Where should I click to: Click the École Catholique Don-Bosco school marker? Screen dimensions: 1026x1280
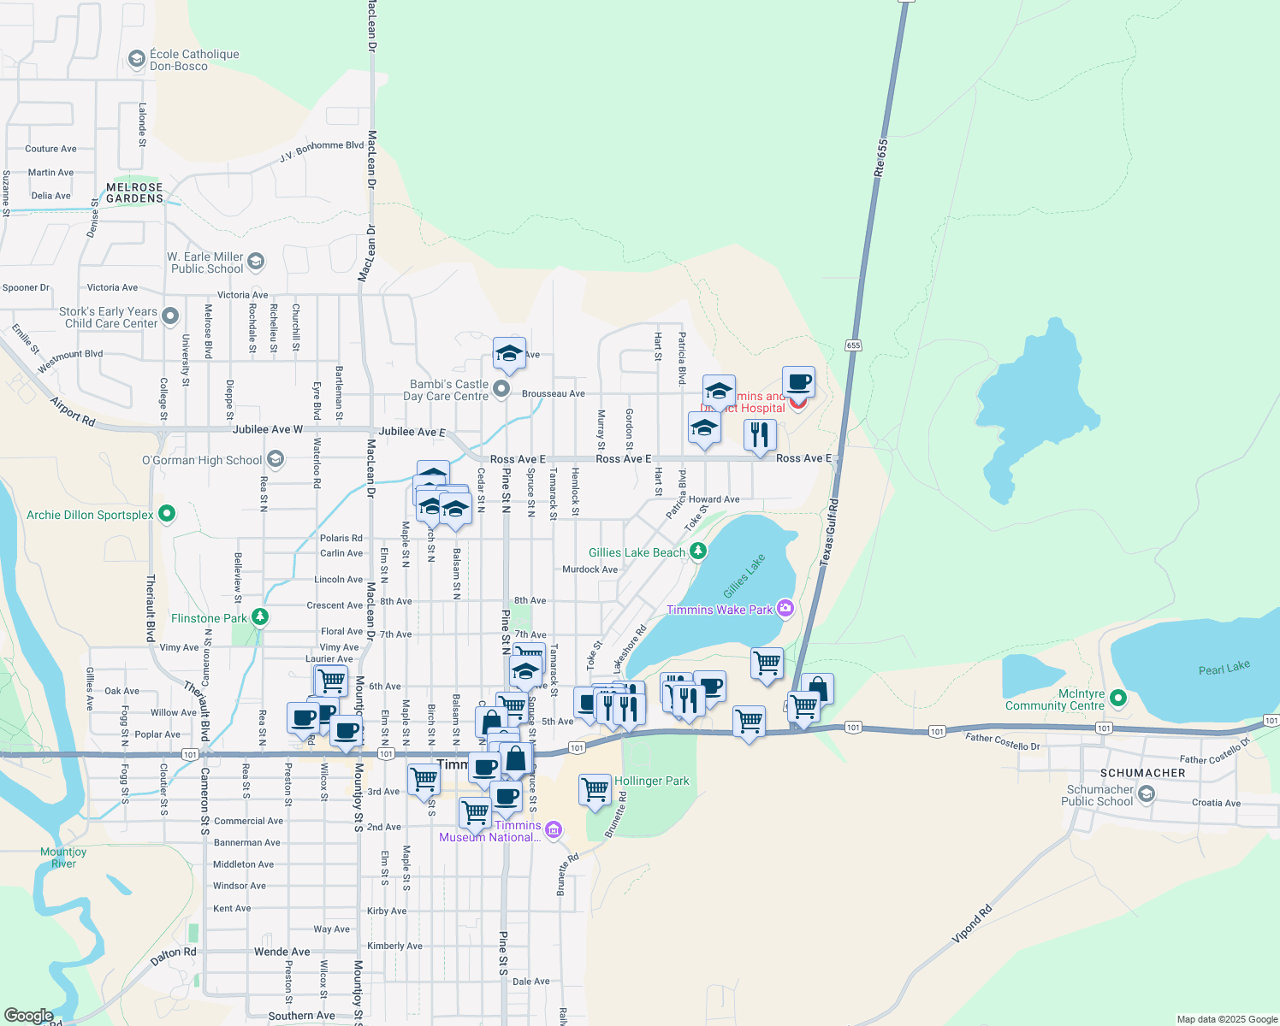pyautogui.click(x=136, y=59)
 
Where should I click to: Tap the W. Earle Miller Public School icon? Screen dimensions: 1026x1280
pyautogui.click(x=256, y=262)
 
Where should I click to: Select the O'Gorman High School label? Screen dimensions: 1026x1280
pyautogui.click(x=202, y=460)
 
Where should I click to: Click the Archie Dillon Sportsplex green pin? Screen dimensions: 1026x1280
pyautogui.click(x=168, y=514)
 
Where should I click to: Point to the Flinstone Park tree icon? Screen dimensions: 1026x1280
pyautogui.click(x=261, y=617)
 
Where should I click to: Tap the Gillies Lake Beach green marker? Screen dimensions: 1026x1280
pyautogui.click(x=698, y=551)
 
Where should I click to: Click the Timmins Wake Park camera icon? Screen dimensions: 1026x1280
pyautogui.click(x=785, y=609)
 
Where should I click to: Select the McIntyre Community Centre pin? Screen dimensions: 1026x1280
pyautogui.click(x=1117, y=699)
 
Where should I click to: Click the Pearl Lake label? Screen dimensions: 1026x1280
pyautogui.click(x=1224, y=668)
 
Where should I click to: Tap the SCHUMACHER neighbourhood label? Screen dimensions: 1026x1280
pyautogui.click(x=1142, y=773)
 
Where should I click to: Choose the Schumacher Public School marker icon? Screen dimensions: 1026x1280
pyautogui.click(x=1147, y=794)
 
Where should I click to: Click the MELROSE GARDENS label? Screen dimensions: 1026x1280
pyautogui.click(x=134, y=192)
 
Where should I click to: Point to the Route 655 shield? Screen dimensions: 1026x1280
pyautogui.click(x=853, y=345)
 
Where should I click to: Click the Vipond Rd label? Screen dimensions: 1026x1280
pyautogui.click(x=972, y=924)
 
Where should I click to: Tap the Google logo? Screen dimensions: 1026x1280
pyautogui.click(x=28, y=1015)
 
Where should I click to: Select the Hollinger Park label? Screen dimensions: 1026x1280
pyautogui.click(x=651, y=781)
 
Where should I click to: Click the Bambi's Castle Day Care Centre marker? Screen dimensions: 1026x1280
pyautogui.click(x=501, y=390)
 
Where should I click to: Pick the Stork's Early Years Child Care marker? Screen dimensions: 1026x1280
pyautogui.click(x=169, y=316)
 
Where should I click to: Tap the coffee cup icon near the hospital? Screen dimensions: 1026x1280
pyautogui.click(x=798, y=382)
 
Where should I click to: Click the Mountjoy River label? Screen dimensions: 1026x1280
pyautogui.click(x=63, y=858)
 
